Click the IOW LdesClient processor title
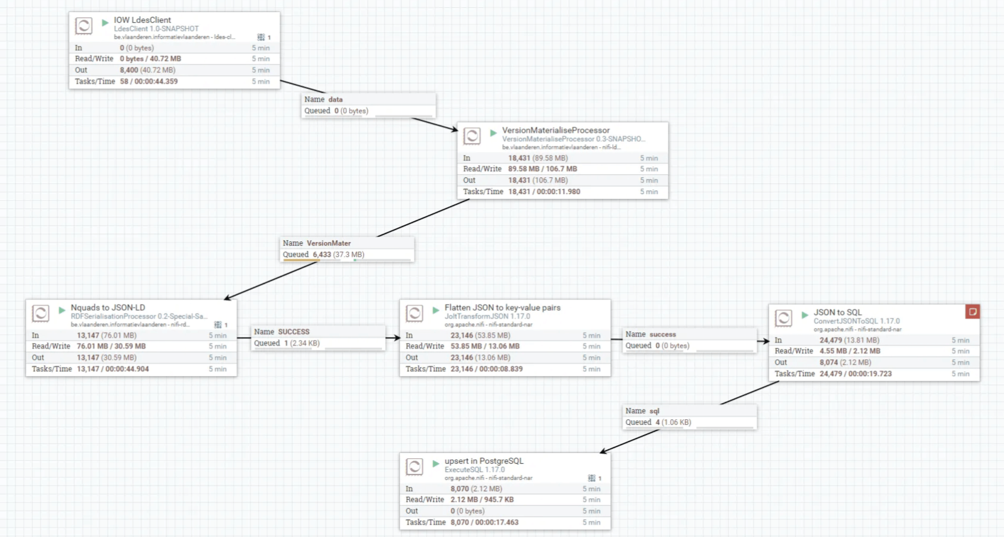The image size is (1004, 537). [x=142, y=20]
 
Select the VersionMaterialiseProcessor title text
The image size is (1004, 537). [x=555, y=130]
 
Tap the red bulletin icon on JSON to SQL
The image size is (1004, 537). [x=972, y=311]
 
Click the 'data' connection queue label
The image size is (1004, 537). [x=335, y=100]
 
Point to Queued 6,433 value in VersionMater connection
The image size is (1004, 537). [x=322, y=255]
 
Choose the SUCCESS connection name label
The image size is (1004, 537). [x=293, y=332]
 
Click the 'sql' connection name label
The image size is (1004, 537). [x=654, y=411]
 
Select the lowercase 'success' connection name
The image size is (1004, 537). [x=663, y=335]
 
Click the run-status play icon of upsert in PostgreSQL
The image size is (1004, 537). [x=436, y=464]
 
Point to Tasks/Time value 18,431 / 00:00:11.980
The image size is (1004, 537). [x=544, y=192]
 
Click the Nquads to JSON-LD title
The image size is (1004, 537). [x=108, y=308]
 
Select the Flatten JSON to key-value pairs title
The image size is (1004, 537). [x=502, y=308]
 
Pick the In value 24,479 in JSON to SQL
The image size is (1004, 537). [x=831, y=340]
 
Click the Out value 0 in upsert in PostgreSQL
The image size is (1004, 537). [x=453, y=511]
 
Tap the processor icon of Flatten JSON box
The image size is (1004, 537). [x=414, y=313]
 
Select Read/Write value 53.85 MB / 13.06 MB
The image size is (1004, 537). [x=485, y=347]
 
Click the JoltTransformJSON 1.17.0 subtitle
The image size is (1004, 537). [x=487, y=317]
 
